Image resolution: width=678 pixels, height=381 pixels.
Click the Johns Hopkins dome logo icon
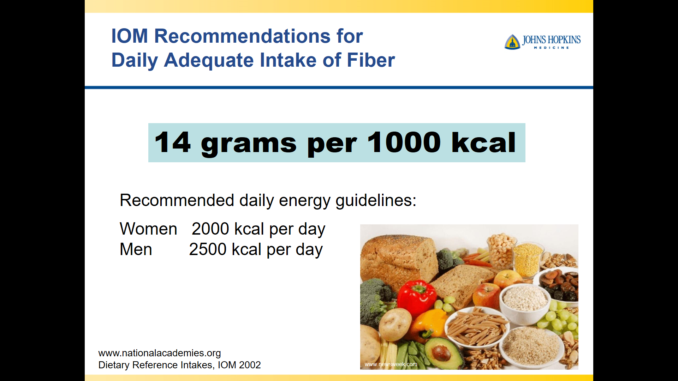512,42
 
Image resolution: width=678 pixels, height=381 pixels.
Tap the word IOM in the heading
130,36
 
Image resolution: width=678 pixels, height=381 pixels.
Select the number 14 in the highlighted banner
173,142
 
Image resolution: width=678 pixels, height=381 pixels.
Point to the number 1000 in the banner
404,142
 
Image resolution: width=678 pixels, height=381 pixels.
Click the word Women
148,229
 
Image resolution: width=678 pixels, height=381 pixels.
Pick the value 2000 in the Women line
210,229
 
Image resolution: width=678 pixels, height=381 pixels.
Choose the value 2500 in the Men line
208,249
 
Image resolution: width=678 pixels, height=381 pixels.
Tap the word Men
136,249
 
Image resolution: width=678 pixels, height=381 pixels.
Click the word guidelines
376,200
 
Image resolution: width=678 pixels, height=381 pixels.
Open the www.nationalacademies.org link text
160,353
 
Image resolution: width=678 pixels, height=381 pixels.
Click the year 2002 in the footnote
250,365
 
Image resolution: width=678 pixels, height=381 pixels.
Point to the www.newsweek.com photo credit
391,364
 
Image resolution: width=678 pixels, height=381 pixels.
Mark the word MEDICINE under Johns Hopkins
551,48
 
